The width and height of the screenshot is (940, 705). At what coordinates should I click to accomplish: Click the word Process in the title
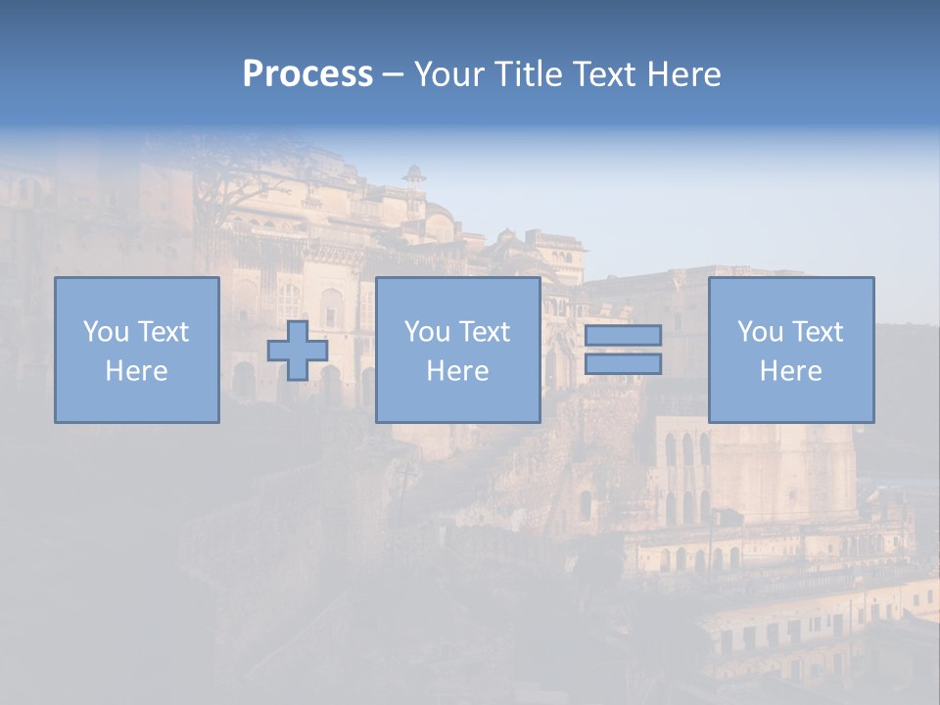pyautogui.click(x=307, y=74)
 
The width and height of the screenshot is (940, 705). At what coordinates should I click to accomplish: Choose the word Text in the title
pyautogui.click(x=600, y=74)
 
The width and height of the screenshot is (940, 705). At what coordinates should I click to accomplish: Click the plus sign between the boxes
pyautogui.click(x=298, y=351)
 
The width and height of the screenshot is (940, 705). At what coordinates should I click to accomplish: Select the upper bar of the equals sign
pyautogui.click(x=623, y=335)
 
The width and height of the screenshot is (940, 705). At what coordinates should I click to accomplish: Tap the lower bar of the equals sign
pyautogui.click(x=623, y=364)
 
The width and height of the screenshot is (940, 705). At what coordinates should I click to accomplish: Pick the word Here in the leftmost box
pyautogui.click(x=136, y=371)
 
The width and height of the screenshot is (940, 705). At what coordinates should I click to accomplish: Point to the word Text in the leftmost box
pyautogui.click(x=164, y=332)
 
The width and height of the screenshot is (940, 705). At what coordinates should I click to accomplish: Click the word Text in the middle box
pyautogui.click(x=485, y=332)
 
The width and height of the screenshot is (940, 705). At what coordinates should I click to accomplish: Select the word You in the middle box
pyautogui.click(x=428, y=332)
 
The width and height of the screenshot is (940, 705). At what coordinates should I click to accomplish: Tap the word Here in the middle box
pyautogui.click(x=457, y=371)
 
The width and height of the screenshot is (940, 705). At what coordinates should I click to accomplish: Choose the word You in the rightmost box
pyautogui.click(x=761, y=332)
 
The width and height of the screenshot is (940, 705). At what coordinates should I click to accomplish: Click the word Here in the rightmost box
pyautogui.click(x=790, y=371)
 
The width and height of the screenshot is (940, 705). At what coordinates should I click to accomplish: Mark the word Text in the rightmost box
pyautogui.click(x=818, y=332)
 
